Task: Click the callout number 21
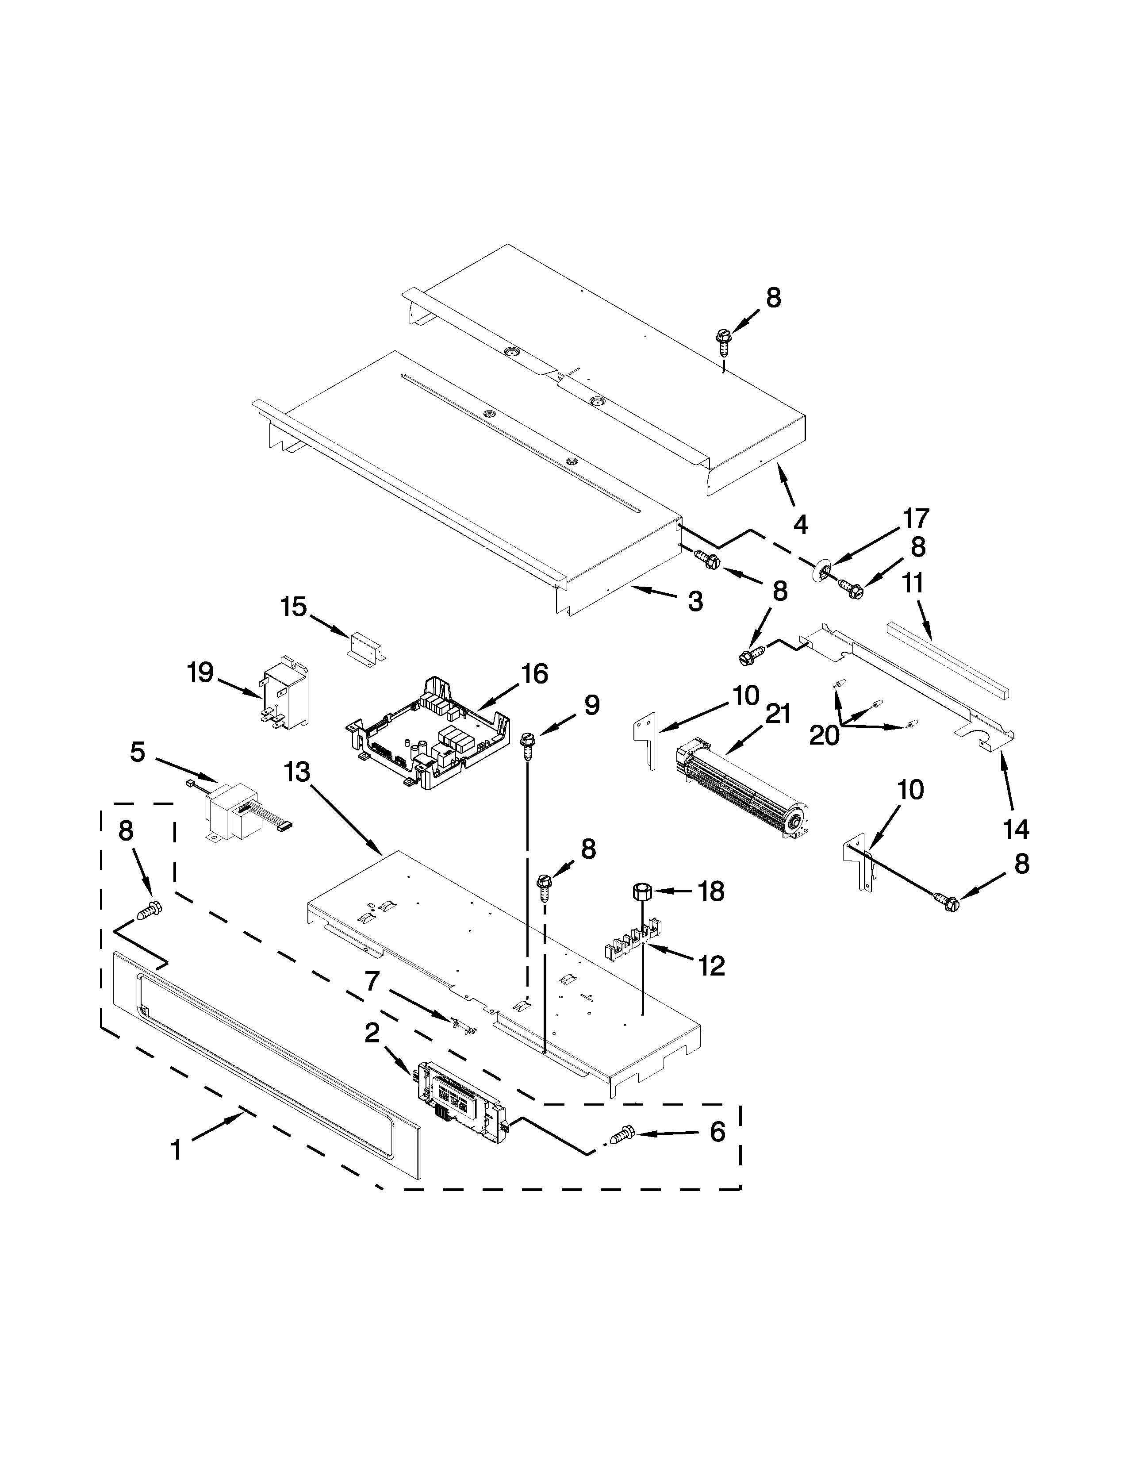pos(777,715)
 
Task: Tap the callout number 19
pos(200,672)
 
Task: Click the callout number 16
pos(535,674)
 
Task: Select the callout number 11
pos(913,583)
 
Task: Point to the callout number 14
pos(1016,830)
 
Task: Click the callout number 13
pos(297,772)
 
